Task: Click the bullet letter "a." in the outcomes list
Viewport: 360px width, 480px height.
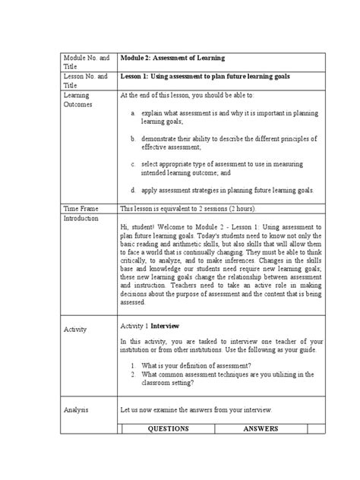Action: (133, 112)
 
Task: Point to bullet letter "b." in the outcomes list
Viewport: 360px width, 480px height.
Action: (133, 139)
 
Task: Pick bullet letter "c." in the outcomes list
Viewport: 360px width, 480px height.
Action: (133, 163)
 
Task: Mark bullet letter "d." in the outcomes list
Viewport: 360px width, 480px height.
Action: (133, 190)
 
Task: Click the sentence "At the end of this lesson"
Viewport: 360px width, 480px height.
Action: (163, 96)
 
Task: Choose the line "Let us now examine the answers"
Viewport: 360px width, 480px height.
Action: (196, 409)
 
